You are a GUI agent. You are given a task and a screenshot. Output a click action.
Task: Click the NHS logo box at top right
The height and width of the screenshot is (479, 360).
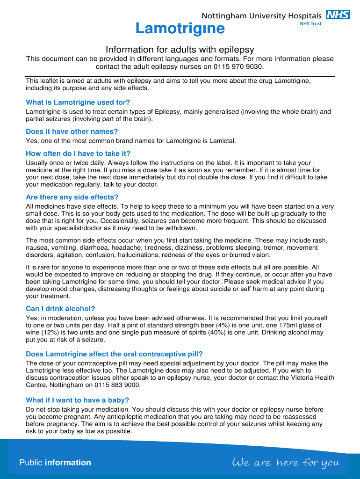pos(338,15)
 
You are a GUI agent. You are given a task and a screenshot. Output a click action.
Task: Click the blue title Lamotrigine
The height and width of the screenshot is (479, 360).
pos(180,29)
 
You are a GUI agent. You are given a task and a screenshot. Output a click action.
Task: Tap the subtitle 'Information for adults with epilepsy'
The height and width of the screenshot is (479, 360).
pos(180,50)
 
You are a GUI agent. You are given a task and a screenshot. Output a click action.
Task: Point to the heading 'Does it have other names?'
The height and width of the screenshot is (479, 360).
pos(72,131)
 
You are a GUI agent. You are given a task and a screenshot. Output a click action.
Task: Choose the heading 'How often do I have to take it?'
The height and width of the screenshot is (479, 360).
pos(78,153)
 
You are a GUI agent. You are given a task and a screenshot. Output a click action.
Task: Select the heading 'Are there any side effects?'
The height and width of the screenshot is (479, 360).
pos(72,197)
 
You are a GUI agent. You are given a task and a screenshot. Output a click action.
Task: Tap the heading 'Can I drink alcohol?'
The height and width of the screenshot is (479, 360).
pos(60,309)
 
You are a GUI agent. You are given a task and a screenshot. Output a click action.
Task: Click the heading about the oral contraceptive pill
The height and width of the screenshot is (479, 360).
pos(114,354)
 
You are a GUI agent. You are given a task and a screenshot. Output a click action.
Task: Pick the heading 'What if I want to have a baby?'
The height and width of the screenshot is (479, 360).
pos(77,400)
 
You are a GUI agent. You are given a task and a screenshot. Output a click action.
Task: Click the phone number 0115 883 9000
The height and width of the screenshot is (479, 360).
pos(116,385)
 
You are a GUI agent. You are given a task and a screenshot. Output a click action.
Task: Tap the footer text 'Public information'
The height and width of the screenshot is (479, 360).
pos(55,463)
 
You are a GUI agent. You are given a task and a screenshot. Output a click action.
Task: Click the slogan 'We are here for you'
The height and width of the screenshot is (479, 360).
pos(285,463)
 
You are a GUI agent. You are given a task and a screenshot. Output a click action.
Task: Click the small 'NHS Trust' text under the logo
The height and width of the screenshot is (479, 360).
pos(310,24)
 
